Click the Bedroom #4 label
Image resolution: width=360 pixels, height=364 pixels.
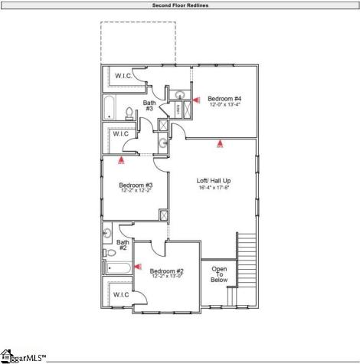coord(225,98)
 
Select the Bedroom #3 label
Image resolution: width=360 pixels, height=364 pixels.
coord(136,185)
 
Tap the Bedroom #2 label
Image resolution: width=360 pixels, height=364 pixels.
coord(166,271)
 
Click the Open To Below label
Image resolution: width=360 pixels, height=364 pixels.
coord(219,274)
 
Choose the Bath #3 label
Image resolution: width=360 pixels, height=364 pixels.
coord(150,105)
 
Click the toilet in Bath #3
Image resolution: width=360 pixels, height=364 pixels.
coord(128,114)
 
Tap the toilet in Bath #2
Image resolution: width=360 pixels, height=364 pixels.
coord(110,249)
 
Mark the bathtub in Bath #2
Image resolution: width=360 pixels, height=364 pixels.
coord(117,268)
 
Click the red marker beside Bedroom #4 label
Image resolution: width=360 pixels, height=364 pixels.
coord(195,99)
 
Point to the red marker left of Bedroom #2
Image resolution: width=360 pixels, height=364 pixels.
coord(138,266)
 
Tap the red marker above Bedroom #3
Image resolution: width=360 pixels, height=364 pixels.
coord(121,160)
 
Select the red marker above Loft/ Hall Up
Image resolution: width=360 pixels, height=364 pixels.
coord(221,142)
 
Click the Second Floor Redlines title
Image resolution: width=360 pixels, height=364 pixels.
coord(180,5)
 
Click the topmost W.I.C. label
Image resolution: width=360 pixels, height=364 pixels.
coord(124,76)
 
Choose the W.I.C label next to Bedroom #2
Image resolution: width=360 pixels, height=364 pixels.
coord(121,294)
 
